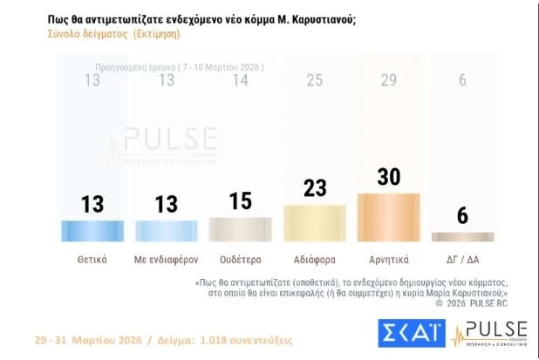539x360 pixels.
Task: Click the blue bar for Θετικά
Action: pos(92,231)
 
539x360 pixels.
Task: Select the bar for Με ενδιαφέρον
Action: pos(167,231)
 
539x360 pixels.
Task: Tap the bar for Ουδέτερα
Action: pos(241,229)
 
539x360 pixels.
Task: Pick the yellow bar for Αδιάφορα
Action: pos(315,223)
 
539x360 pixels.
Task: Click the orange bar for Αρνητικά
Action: pos(389,217)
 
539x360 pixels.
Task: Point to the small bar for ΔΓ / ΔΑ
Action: pos(463,237)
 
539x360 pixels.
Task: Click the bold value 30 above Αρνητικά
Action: pos(389,177)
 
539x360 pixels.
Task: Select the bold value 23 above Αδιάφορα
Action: pos(315,188)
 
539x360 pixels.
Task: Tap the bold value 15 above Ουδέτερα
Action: pos(241,201)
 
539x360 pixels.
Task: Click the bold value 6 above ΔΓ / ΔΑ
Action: pos(463,215)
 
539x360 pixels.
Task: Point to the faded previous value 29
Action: pos(389,80)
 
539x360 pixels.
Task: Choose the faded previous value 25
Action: pos(315,80)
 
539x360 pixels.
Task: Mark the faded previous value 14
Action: pos(241,80)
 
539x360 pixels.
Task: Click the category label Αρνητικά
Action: pos(389,260)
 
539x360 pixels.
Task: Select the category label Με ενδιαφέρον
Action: pos(167,260)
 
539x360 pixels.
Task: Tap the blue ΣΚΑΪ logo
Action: pos(412,333)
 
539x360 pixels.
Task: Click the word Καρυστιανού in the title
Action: pos(324,20)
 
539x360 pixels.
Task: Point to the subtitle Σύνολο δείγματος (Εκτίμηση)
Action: pos(113,34)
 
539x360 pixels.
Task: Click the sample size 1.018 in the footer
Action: pos(213,340)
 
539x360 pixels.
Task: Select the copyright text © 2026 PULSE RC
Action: pos(471,303)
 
